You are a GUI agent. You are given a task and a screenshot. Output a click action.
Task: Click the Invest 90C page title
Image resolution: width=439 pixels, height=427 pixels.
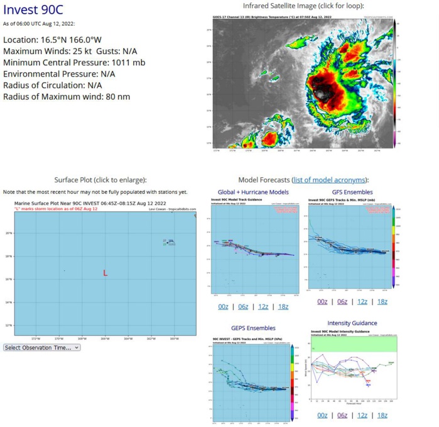(x=33, y=10)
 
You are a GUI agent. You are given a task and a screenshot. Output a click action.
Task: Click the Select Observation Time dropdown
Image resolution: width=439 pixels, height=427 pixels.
(x=42, y=347)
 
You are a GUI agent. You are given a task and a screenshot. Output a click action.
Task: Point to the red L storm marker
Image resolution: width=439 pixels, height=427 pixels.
(x=105, y=273)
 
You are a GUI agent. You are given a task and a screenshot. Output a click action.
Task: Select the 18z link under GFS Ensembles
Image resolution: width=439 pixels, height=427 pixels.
(x=381, y=302)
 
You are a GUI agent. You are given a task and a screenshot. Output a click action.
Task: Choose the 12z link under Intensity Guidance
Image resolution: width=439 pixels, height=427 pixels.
(x=362, y=415)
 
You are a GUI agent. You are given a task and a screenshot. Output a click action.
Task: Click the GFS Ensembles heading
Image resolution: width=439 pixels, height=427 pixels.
(x=352, y=192)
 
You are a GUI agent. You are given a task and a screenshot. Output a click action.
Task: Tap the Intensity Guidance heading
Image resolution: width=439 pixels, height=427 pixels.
(x=352, y=323)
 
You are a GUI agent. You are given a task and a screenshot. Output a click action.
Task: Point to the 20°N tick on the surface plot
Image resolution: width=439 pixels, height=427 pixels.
(x=9, y=233)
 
